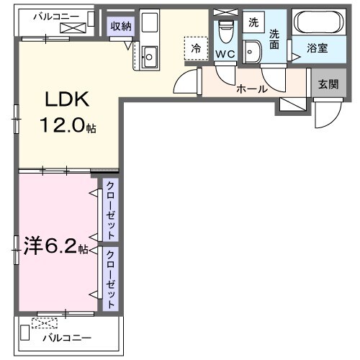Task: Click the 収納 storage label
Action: click(x=120, y=27)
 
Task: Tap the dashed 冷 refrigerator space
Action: click(x=195, y=48)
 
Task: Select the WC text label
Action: click(x=225, y=54)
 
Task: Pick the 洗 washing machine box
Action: click(x=253, y=22)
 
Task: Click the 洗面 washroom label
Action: click(x=275, y=39)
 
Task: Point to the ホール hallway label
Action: click(x=252, y=89)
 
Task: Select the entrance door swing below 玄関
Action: click(x=325, y=113)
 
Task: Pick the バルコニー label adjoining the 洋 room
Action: click(x=66, y=337)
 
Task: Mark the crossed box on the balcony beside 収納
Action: click(x=73, y=27)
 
